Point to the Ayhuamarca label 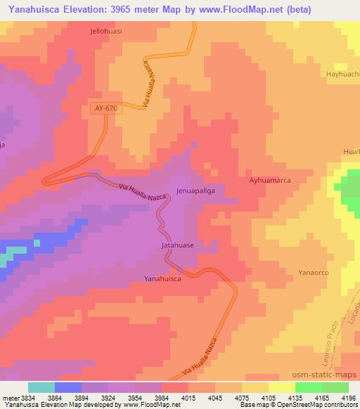click(x=270, y=181)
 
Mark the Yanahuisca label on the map click(x=165, y=278)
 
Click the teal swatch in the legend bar click(x=41, y=387)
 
